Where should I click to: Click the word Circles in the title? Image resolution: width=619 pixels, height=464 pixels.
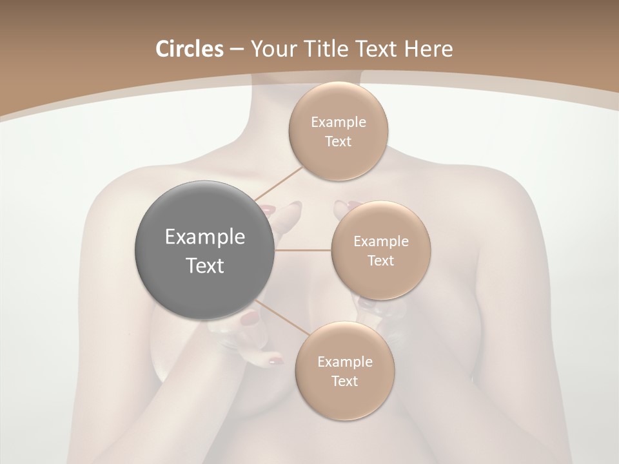[x=189, y=49]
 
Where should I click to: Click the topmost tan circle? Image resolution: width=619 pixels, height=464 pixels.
[x=339, y=131]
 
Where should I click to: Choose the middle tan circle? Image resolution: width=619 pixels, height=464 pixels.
[x=380, y=251]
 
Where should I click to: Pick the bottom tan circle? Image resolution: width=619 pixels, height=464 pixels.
[x=345, y=371]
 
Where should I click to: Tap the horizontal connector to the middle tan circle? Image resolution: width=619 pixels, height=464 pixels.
[x=303, y=250]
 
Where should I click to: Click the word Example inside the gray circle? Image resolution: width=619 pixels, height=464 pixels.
[x=205, y=237]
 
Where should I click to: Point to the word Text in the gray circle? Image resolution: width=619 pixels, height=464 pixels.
[x=205, y=266]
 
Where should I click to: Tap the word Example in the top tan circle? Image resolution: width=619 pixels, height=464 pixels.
[x=339, y=122]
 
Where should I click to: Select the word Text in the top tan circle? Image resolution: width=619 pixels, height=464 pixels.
[x=339, y=141]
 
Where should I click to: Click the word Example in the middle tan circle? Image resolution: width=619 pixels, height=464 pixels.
[x=380, y=242]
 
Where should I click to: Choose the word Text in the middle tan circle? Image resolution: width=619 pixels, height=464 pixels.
[x=380, y=260]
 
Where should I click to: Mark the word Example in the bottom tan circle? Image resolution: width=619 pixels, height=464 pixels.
[x=345, y=362]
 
